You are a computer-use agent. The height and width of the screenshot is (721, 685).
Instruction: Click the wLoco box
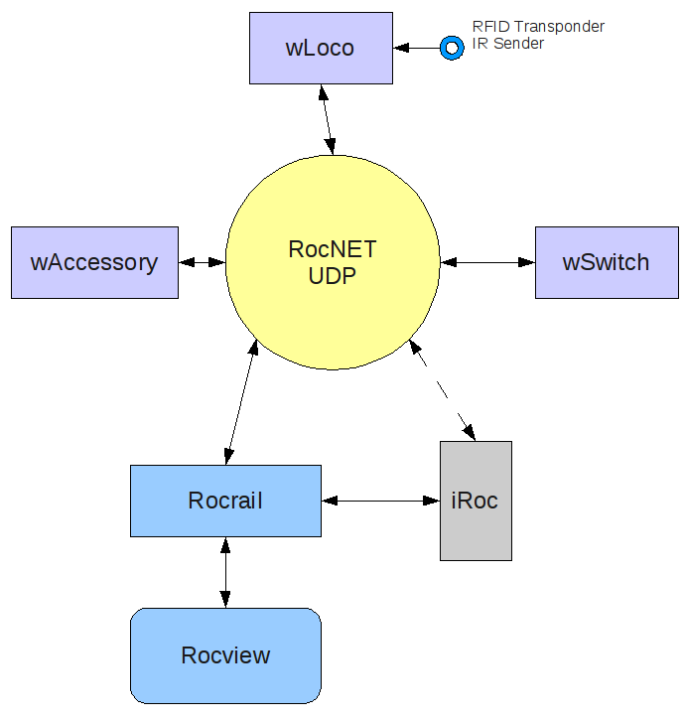click(x=320, y=48)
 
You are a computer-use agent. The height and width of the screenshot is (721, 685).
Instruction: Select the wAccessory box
click(x=94, y=262)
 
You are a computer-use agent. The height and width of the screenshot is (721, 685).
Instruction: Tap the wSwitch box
click(x=606, y=262)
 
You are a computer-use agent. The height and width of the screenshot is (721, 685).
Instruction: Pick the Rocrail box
click(x=225, y=501)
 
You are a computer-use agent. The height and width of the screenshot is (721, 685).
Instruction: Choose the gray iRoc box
click(x=476, y=501)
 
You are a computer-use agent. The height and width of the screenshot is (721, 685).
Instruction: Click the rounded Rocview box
click(x=225, y=655)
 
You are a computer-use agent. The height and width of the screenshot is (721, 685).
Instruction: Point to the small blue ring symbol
click(x=452, y=47)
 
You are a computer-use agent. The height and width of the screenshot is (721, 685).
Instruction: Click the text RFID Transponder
click(x=538, y=27)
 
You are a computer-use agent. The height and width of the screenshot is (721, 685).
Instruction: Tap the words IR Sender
click(x=508, y=43)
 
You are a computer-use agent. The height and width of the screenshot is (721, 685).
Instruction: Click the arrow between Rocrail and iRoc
click(x=380, y=501)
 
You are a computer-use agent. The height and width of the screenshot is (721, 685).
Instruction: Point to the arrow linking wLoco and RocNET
click(x=327, y=118)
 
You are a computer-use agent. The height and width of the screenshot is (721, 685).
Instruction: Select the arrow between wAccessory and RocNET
click(x=202, y=262)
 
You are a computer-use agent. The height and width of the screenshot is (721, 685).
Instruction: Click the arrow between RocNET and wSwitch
click(x=487, y=262)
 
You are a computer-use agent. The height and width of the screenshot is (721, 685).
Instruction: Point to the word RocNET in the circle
click(x=333, y=249)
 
